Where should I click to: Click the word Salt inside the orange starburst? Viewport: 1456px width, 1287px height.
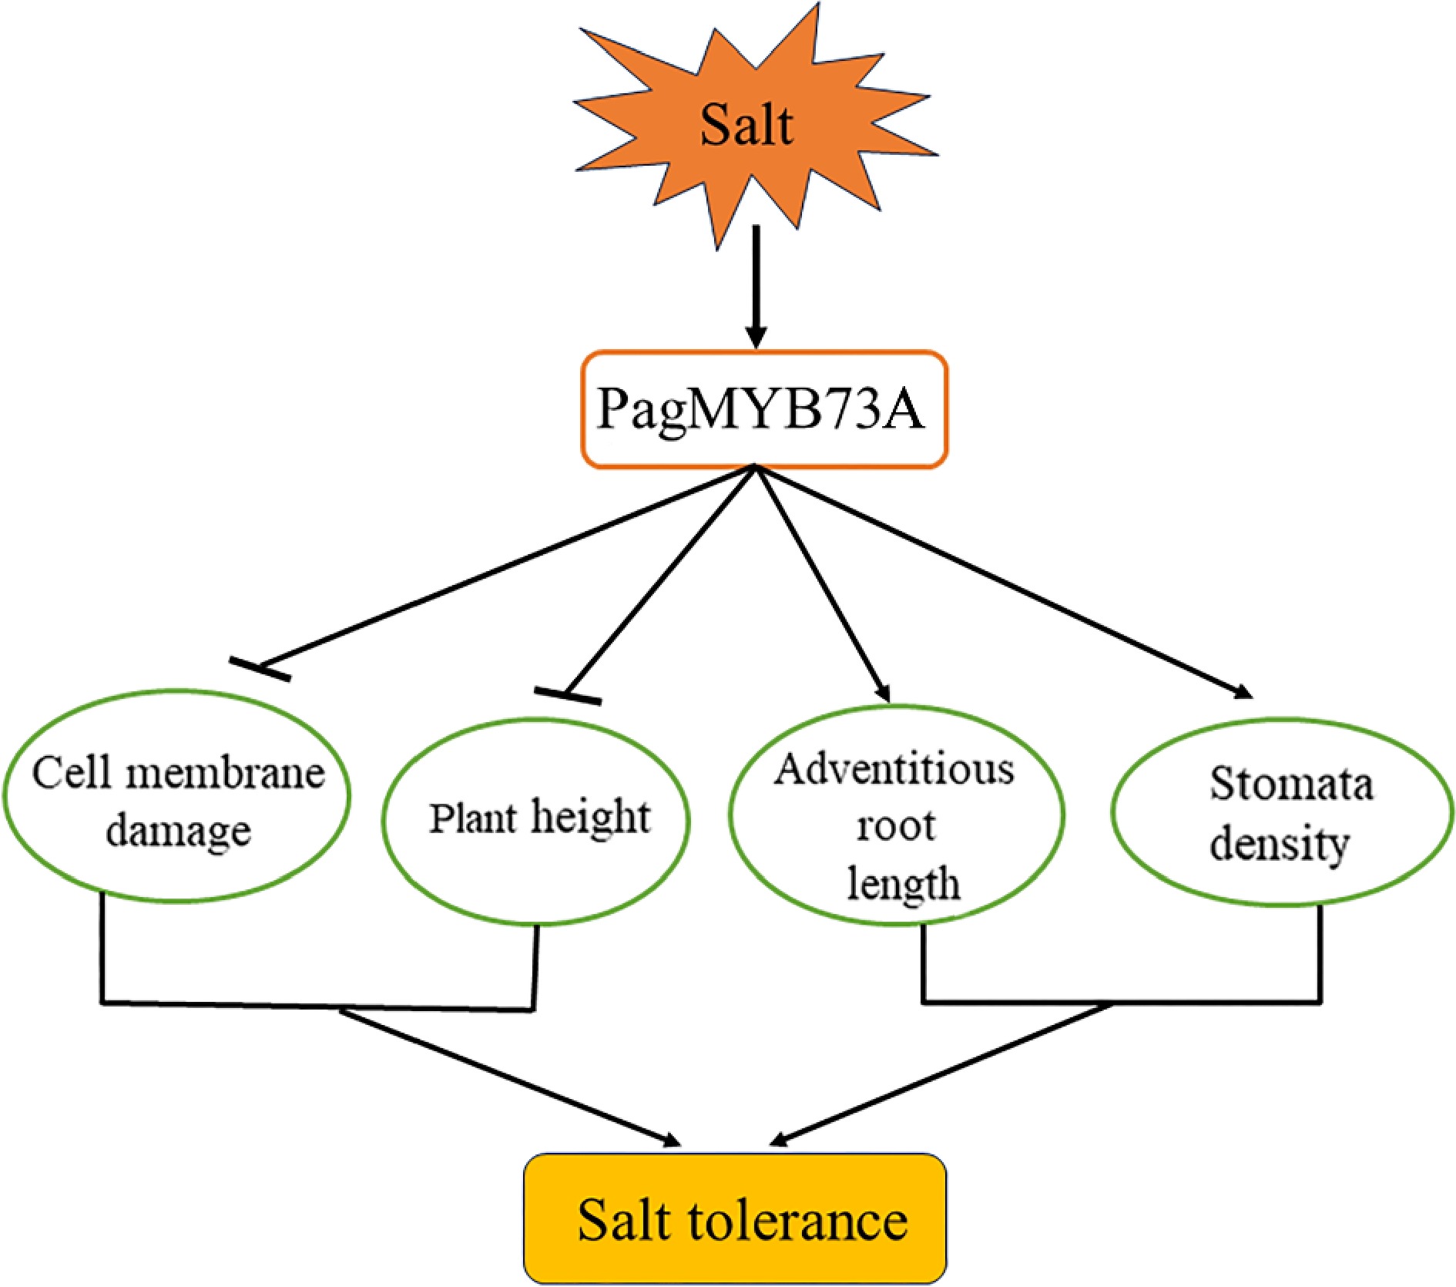pyautogui.click(x=746, y=125)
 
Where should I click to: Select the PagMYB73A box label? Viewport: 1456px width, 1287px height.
pyautogui.click(x=760, y=408)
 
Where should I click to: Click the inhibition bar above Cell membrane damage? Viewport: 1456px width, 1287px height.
pyautogui.click(x=260, y=669)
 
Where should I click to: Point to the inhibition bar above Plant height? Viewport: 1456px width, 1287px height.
pyautogui.click(x=568, y=695)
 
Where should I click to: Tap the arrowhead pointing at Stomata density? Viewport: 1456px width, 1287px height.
pyautogui.click(x=1242, y=692)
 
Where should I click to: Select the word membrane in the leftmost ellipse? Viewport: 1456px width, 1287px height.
pyautogui.click(x=225, y=773)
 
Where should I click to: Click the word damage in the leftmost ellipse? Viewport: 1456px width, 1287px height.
pyautogui.click(x=178, y=831)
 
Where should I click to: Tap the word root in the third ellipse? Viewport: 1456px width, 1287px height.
pyautogui.click(x=896, y=826)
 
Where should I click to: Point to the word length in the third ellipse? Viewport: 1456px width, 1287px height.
pyautogui.click(x=903, y=883)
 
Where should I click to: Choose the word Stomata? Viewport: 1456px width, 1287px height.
pyautogui.click(x=1291, y=784)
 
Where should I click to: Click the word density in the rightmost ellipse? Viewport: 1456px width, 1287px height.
pyautogui.click(x=1279, y=844)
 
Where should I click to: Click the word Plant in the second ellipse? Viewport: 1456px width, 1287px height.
pyautogui.click(x=472, y=818)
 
